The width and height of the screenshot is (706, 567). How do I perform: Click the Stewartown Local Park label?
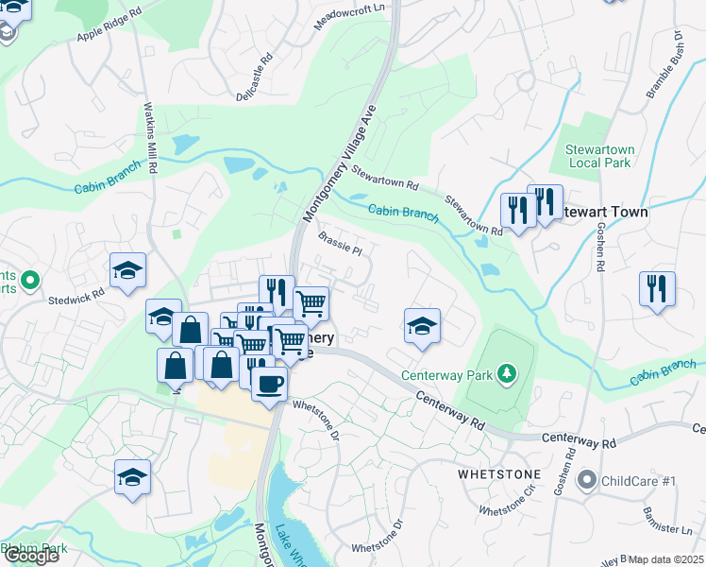599,156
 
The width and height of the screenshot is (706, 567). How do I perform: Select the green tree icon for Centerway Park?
507,374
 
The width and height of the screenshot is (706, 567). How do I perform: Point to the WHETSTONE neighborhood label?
499,473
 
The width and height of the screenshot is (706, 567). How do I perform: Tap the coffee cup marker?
269,384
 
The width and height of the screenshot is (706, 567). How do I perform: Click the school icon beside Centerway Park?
422,327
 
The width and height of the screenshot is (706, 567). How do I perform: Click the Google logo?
31,556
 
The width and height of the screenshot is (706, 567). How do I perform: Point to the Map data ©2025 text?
666,559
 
